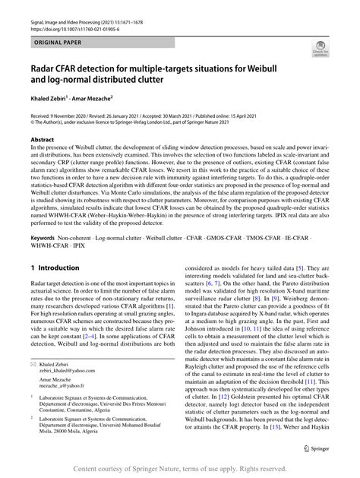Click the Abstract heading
(43, 140)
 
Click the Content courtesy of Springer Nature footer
(179, 468)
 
